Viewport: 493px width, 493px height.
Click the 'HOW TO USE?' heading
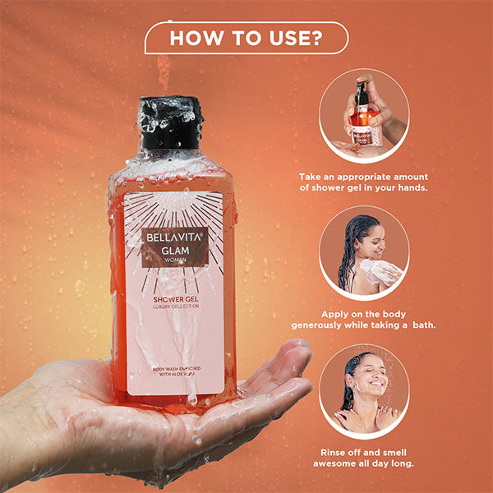246,38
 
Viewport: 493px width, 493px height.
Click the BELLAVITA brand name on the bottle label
173,234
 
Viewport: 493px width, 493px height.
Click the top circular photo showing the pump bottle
364,114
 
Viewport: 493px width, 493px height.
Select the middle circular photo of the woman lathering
364,251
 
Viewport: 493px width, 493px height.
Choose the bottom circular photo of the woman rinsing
364,389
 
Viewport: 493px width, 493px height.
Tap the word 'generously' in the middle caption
328,325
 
